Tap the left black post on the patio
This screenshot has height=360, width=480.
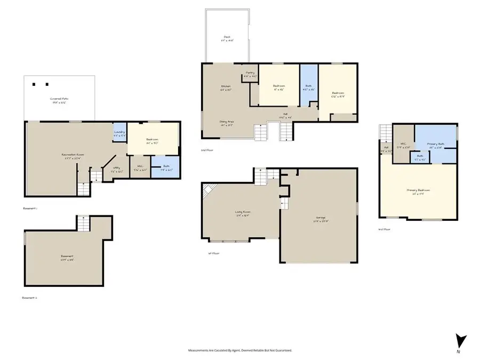click(x=35, y=84)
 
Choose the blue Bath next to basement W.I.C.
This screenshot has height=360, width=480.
click(x=165, y=167)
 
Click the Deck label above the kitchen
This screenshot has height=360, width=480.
click(x=227, y=38)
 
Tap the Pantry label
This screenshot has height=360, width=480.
click(x=250, y=74)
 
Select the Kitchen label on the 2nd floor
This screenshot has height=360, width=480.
click(x=226, y=87)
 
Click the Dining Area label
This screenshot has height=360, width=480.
click(x=227, y=123)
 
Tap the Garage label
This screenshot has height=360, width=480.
click(x=321, y=219)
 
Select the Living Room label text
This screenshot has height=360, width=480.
click(x=243, y=213)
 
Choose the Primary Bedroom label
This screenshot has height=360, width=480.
click(x=418, y=191)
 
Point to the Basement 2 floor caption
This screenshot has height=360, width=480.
click(x=30, y=298)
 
